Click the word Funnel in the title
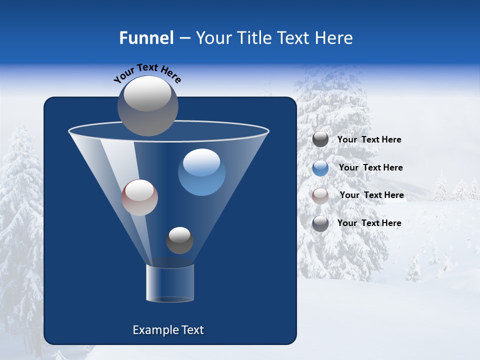pos(146,38)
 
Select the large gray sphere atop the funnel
pos(148,106)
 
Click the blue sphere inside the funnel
pos(201,172)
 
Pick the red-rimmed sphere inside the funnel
pos(139,197)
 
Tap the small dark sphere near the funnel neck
pos(179,240)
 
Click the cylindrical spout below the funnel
pos(170,282)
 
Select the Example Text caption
pos(168,330)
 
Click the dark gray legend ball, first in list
pos(320,139)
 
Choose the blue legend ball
pos(320,168)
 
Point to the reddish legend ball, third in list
pos(320,195)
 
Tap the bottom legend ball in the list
pos(320,223)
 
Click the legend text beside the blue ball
pos(370,167)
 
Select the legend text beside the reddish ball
pos(371,195)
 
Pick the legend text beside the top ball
pos(369,139)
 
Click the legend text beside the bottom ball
pos(369,223)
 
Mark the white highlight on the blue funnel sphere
pos(201,162)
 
